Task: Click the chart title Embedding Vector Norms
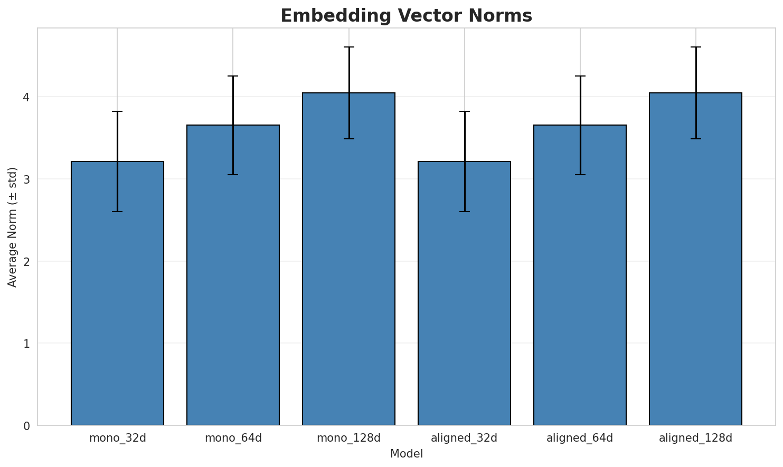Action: point(406,16)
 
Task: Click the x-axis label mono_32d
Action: point(117,438)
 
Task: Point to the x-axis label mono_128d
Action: point(348,438)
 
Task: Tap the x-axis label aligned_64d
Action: point(580,438)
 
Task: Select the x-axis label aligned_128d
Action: point(695,438)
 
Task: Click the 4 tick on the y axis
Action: point(26,97)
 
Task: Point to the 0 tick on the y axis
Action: point(26,425)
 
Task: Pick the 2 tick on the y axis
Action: point(26,261)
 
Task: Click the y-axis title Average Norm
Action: point(13,227)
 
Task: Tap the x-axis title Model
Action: point(407,454)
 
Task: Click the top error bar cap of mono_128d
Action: point(348,47)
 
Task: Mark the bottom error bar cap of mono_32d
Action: point(117,212)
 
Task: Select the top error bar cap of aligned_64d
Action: point(580,76)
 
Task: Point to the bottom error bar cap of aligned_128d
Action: point(695,139)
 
